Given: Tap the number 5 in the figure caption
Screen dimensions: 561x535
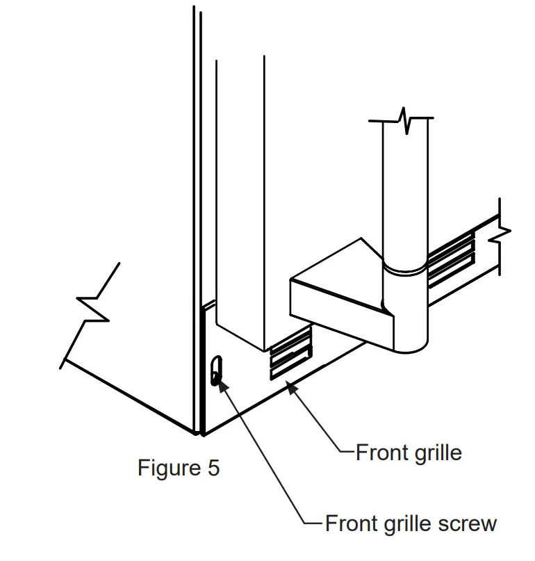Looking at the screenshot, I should [x=213, y=468].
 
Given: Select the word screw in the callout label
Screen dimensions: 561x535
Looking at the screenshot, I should [x=466, y=523].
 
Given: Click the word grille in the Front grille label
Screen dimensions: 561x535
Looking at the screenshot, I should [x=435, y=453].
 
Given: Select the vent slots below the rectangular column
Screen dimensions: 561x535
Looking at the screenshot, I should [x=290, y=355].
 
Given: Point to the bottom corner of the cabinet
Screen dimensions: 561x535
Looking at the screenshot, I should [x=200, y=432].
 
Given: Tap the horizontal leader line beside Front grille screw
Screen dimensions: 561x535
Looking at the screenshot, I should [x=314, y=523].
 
